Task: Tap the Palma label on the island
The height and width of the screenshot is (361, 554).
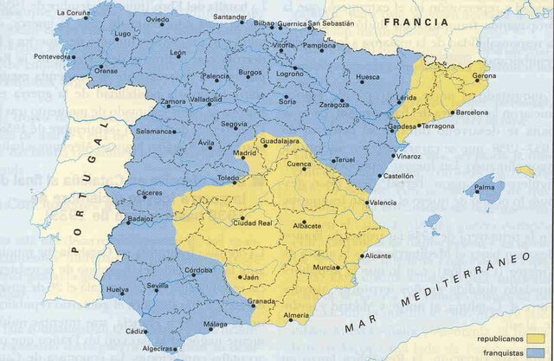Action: pos(484,187)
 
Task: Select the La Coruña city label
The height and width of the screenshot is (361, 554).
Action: pos(73,13)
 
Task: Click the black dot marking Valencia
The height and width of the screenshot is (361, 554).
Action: pos(363,202)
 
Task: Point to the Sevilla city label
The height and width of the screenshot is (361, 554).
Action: pos(158,286)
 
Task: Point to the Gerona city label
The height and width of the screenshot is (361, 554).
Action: pos(484,76)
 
